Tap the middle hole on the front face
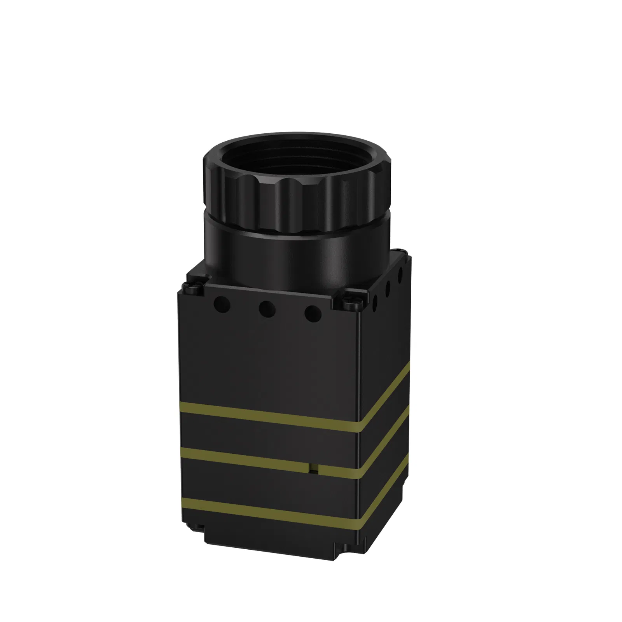(268, 309)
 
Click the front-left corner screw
(193, 288)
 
